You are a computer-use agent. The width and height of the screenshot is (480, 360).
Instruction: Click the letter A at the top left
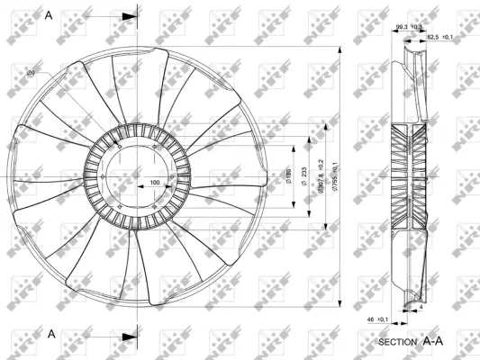[50, 15]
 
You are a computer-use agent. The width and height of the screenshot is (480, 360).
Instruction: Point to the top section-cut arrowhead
[131, 16]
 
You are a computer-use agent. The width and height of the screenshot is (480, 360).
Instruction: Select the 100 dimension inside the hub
[155, 183]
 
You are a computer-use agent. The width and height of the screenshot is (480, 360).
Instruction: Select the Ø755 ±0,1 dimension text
[334, 176]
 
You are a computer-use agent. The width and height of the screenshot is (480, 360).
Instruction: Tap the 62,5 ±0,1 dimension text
[439, 37]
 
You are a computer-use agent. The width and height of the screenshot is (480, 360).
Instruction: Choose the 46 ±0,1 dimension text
[376, 319]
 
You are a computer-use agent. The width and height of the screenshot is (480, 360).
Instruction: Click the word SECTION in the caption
[397, 343]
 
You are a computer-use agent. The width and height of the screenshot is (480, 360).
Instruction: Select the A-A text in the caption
[433, 342]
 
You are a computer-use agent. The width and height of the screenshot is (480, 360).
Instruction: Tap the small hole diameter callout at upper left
[31, 72]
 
